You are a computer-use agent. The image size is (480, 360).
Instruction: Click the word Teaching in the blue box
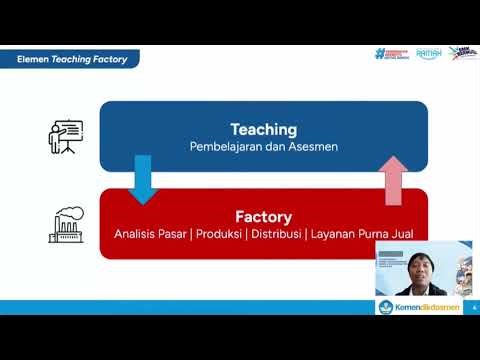coord(264,129)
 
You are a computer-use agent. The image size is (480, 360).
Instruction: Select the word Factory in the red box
coord(264,216)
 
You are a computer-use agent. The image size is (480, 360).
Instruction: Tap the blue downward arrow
coord(143,178)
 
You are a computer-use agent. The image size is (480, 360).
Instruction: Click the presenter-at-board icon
coord(66,136)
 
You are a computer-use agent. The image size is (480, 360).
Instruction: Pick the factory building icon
coord(66,224)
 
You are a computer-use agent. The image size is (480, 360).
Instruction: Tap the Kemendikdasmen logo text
coord(427,307)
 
